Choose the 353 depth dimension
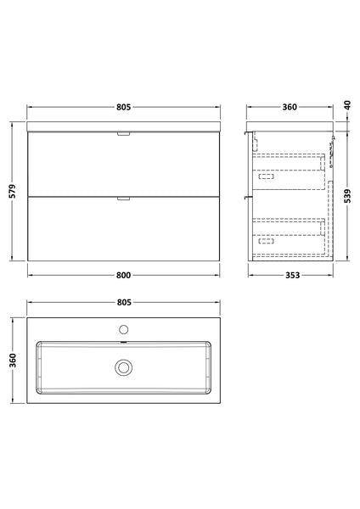tap(290, 275)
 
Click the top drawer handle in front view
tap(124, 133)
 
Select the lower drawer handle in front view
tap(124, 199)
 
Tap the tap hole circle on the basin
tap(124, 328)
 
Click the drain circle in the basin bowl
tap(124, 367)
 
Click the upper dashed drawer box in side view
tap(289, 168)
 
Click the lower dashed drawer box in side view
tap(289, 233)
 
